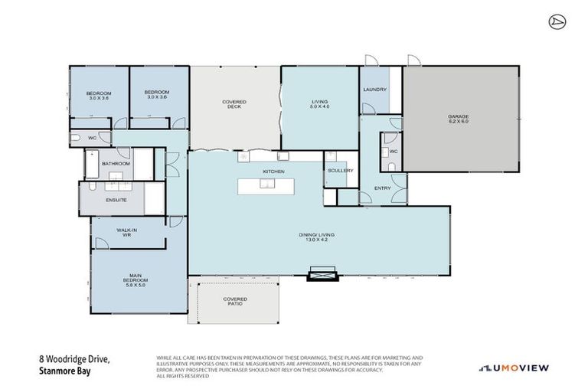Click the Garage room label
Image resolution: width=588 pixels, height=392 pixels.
458,116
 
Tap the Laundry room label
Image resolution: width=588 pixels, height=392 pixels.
374,90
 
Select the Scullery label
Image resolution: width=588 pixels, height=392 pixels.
339,171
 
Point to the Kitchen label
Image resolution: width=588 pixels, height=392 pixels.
273,171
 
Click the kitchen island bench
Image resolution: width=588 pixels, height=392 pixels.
266,186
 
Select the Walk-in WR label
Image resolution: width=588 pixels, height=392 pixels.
126,232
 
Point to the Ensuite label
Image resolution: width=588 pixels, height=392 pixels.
116,200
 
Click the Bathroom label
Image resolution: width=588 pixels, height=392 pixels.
116,163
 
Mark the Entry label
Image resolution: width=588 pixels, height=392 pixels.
382,188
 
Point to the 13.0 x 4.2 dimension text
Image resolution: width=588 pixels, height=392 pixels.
316,240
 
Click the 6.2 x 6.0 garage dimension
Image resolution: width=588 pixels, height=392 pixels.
458,122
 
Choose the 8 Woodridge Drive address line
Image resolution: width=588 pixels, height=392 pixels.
74,358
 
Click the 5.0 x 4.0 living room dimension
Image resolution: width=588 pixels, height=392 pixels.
318,106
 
